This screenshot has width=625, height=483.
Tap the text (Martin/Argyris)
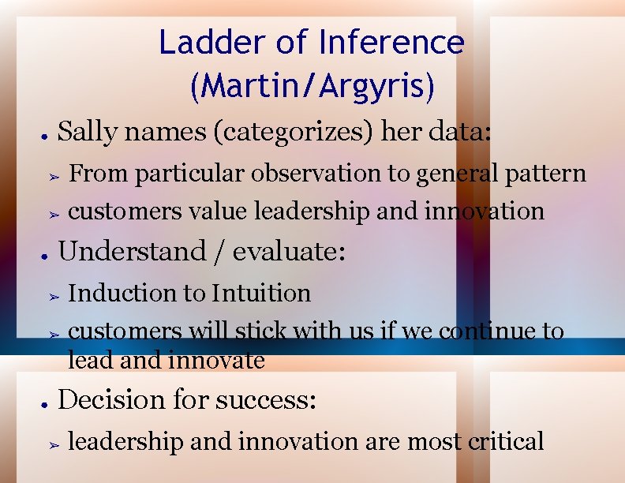tap(312, 86)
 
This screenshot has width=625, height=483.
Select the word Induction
tap(122, 293)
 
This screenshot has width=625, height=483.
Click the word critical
tap(506, 441)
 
